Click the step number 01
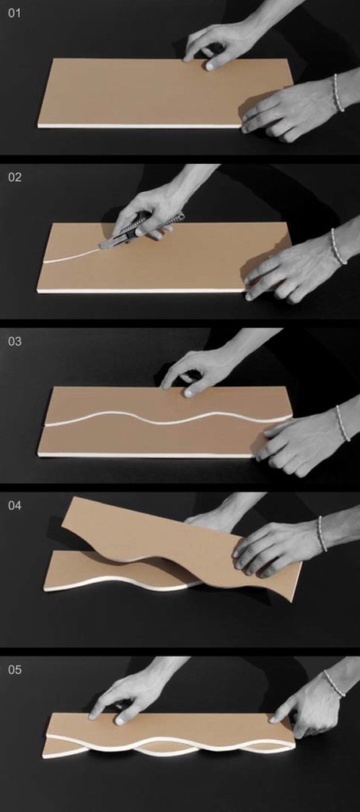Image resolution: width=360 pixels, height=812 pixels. [x=14, y=13]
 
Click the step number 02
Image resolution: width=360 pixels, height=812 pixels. [x=14, y=177]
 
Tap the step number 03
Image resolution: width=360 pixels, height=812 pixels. [x=14, y=341]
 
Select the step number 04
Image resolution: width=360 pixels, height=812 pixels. [x=14, y=505]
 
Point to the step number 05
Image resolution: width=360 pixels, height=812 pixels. [x=14, y=669]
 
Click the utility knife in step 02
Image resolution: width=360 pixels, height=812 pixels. [x=141, y=229]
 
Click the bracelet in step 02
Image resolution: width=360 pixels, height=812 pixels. [x=339, y=247]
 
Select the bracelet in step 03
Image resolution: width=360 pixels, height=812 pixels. [x=342, y=423]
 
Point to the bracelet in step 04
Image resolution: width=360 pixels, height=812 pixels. [x=322, y=534]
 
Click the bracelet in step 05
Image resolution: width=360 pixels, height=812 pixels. [x=334, y=683]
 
